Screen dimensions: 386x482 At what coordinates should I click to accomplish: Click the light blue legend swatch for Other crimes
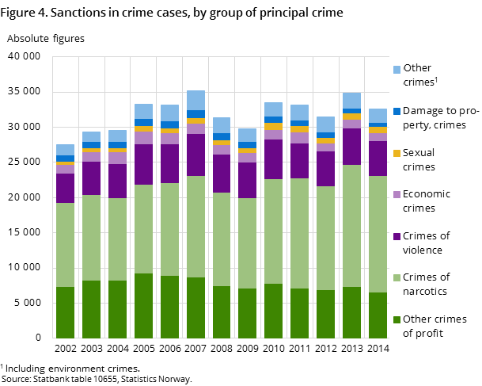397,70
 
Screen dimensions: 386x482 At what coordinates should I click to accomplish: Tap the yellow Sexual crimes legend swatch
397,153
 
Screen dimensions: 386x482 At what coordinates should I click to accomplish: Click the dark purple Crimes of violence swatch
397,236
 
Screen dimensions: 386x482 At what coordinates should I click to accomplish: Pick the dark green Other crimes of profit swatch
397,320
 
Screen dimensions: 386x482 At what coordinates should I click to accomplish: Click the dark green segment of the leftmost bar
65,312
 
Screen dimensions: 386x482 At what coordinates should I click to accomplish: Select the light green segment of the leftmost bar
65,245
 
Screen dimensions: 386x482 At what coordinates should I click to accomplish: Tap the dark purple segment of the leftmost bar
65,188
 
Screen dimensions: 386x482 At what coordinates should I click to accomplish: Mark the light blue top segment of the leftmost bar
65,150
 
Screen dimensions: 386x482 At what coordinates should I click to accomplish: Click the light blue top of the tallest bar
195,100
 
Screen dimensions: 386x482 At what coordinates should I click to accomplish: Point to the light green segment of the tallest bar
195,227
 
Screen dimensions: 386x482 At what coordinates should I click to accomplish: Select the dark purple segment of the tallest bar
195,155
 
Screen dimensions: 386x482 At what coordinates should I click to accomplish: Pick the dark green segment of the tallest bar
195,308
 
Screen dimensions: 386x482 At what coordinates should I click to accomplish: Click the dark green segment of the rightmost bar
378,315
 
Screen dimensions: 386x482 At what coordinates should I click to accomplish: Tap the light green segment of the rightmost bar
378,234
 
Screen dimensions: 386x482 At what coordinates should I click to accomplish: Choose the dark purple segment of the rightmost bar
378,159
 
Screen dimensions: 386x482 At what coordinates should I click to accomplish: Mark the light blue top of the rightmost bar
378,116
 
